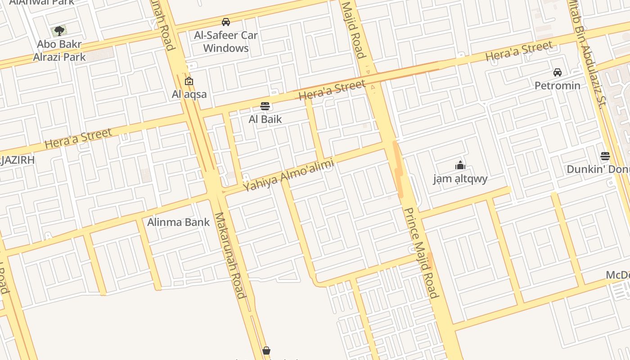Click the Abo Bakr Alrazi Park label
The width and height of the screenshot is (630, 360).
coord(59,51)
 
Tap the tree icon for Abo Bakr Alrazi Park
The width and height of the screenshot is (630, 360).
coord(59,31)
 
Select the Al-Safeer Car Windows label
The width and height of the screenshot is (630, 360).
coord(226,41)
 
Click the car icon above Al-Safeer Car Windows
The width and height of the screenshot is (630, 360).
coord(226,22)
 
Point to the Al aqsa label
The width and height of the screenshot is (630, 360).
coord(189,94)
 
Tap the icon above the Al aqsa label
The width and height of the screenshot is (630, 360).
coord(189,81)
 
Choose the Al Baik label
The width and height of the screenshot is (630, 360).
coord(265,119)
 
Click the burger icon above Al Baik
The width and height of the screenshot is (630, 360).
coord(265,106)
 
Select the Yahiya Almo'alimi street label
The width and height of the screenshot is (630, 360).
coord(288,176)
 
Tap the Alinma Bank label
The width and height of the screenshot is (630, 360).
coord(179,222)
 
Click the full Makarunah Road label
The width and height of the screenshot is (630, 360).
coord(230,255)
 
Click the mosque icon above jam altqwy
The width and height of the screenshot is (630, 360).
coord(460,165)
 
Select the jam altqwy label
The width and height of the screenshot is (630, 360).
coord(460,179)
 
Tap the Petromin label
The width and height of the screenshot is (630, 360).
coord(558,85)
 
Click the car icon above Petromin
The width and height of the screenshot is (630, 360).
coord(558,72)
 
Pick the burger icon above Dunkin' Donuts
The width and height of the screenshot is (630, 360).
coord(605,156)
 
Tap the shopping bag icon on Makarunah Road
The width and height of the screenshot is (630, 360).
coord(266,350)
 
